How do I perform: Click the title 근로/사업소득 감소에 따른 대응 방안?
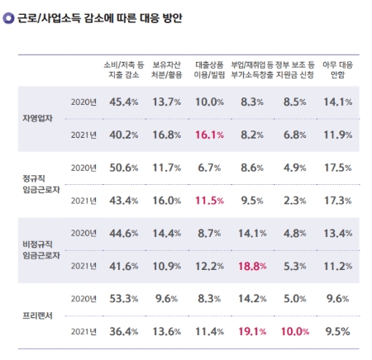[102, 16]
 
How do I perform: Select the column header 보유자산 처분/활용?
[166, 70]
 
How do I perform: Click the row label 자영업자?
[37, 117]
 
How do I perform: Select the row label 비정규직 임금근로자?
[38, 249]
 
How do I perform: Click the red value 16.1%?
[210, 134]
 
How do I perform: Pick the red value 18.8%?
[252, 266]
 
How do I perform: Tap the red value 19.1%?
[252, 331]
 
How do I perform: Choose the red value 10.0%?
[294, 331]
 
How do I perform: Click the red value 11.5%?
[210, 200]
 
